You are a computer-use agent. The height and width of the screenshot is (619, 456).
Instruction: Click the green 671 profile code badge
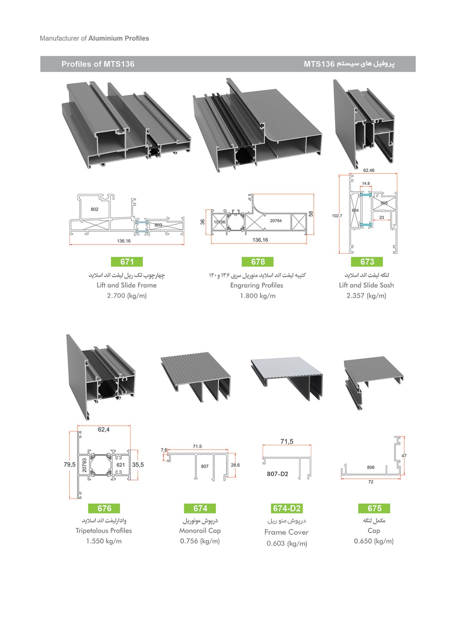click(127, 262)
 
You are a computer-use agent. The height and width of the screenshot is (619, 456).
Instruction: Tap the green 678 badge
click(258, 262)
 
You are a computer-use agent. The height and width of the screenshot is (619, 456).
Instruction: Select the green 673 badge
click(367, 262)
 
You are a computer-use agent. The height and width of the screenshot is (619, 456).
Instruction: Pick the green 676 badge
click(104, 508)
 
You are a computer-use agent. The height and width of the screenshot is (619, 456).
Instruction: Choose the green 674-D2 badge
click(287, 508)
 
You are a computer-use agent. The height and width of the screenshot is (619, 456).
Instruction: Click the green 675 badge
click(374, 508)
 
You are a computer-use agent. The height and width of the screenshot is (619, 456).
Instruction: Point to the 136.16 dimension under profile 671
click(123, 241)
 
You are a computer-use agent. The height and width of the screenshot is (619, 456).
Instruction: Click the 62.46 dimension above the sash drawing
click(369, 170)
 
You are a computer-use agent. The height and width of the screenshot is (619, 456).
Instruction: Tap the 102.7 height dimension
click(337, 216)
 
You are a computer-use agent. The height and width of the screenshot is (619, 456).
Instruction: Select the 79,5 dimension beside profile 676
click(70, 464)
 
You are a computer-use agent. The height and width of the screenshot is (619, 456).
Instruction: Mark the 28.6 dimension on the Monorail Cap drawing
click(235, 465)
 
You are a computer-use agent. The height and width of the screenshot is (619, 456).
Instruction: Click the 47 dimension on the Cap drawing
click(404, 456)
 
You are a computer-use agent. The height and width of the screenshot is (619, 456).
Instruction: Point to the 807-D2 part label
click(277, 474)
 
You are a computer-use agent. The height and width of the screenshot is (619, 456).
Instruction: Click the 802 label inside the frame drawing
click(95, 209)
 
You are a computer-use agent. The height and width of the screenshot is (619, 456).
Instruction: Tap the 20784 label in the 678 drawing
click(276, 221)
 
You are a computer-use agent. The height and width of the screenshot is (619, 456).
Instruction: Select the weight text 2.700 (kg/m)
click(127, 296)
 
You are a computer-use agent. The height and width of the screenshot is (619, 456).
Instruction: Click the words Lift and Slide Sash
click(366, 285)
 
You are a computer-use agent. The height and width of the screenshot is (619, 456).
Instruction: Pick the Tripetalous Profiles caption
click(104, 531)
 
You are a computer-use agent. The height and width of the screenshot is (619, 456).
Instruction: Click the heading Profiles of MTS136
click(98, 64)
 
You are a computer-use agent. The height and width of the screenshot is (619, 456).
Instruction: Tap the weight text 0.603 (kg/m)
click(287, 543)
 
